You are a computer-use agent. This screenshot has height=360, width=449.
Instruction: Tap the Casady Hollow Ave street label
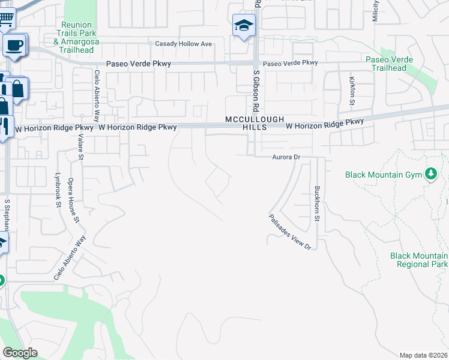click(x=184, y=44)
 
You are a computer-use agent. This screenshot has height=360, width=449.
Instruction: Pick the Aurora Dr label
click(x=286, y=157)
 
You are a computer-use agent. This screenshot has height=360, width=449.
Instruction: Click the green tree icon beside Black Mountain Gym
click(x=430, y=175)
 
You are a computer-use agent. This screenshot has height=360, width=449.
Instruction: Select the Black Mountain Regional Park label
click(x=418, y=260)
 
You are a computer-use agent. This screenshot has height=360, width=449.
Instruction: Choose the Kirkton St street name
click(x=352, y=90)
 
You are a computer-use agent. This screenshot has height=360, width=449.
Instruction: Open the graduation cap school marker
click(x=244, y=26)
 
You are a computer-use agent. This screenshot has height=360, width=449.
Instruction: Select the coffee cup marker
click(x=14, y=44)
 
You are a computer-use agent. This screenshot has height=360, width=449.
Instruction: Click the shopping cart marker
click(x=6, y=20)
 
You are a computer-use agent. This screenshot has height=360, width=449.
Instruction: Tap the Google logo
click(x=20, y=353)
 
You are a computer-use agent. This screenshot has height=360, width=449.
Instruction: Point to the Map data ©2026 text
click(x=424, y=355)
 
